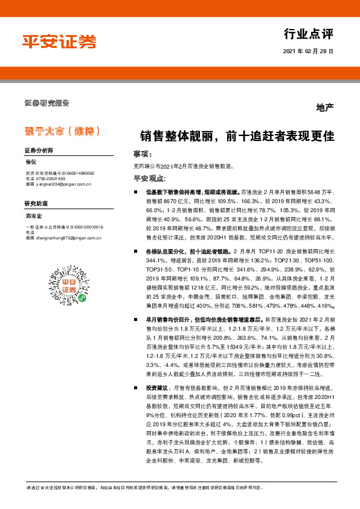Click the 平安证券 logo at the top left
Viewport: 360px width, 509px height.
(x=59, y=42)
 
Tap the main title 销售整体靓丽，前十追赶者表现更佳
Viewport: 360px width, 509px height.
(x=237, y=135)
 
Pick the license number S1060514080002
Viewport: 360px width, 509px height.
(x=74, y=173)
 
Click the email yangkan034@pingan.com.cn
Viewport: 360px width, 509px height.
(x=62, y=185)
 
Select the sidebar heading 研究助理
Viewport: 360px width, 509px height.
(x=36, y=203)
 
